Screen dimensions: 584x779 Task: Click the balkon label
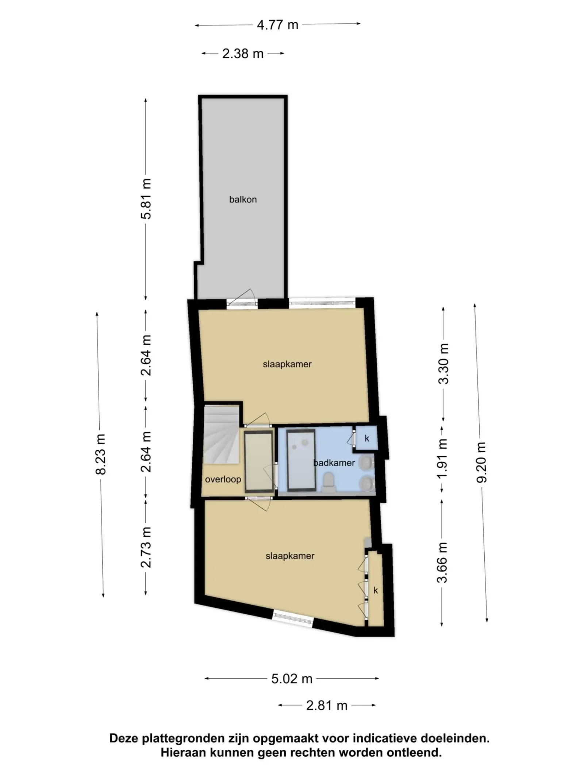click(x=243, y=199)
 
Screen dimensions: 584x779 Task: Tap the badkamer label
click(x=334, y=463)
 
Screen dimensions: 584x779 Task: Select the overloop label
click(x=223, y=479)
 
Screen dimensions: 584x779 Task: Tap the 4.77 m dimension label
click(x=277, y=25)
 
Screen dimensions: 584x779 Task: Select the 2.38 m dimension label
click(x=243, y=54)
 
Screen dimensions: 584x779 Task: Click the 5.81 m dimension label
click(x=146, y=199)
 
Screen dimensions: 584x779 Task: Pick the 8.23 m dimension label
click(x=100, y=454)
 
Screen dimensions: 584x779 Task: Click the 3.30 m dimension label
click(x=443, y=364)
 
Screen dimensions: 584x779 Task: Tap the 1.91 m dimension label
click(x=442, y=458)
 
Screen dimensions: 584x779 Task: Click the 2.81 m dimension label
click(x=327, y=705)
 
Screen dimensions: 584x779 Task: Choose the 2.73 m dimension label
click(x=146, y=547)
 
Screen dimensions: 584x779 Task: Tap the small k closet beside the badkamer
click(x=366, y=438)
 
